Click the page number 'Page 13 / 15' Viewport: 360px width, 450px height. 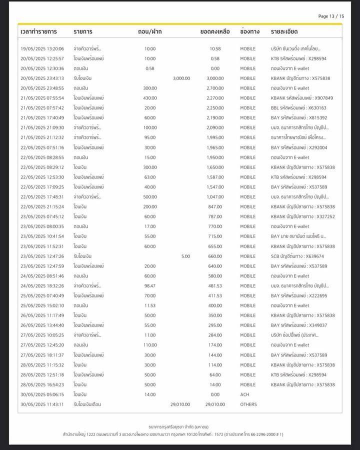click(331, 16)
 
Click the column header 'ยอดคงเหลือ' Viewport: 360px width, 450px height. click(215, 31)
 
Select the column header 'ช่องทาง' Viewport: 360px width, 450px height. click(249, 31)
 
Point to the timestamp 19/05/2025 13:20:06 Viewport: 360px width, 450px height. click(42, 49)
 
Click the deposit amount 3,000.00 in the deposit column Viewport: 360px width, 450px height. click(181, 78)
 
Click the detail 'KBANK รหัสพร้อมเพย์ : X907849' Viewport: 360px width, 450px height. click(301, 98)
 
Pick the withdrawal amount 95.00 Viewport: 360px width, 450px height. click(150, 137)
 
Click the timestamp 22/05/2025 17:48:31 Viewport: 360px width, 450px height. click(42, 197)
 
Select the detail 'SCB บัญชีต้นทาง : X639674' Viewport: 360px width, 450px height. click(298, 256)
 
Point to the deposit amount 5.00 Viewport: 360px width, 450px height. click(185, 256)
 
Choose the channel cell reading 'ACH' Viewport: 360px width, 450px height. click(245, 394)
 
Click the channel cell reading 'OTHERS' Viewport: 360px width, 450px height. click(248, 404)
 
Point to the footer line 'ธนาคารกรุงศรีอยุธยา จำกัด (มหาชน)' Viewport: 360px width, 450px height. click(179, 426)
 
